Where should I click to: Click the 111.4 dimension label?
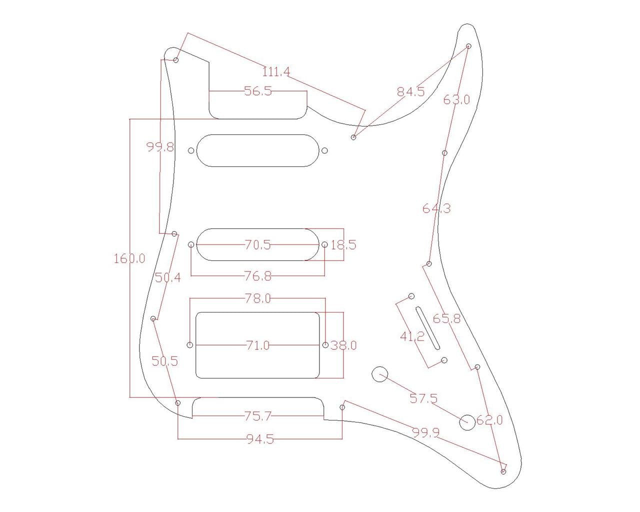(x=276, y=72)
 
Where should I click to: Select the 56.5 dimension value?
(x=258, y=91)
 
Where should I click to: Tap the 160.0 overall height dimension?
(x=129, y=258)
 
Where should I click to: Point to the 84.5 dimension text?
(x=410, y=91)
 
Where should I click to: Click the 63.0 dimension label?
(x=456, y=99)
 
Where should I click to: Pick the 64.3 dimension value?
(x=436, y=208)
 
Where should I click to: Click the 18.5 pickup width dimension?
(x=343, y=245)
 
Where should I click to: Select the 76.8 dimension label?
(x=258, y=276)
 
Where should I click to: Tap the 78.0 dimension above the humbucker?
(x=258, y=298)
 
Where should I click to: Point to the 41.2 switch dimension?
(x=412, y=336)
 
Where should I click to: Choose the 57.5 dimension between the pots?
(x=423, y=398)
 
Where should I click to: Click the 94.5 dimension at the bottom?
(x=260, y=439)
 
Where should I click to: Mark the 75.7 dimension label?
(x=258, y=415)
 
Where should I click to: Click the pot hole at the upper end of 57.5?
(x=380, y=374)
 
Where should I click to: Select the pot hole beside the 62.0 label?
(x=467, y=422)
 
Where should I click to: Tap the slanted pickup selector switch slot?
(x=427, y=328)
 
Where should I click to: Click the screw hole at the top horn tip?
(x=468, y=46)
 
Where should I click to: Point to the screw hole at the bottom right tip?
(x=503, y=471)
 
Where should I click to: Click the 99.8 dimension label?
(x=160, y=147)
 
